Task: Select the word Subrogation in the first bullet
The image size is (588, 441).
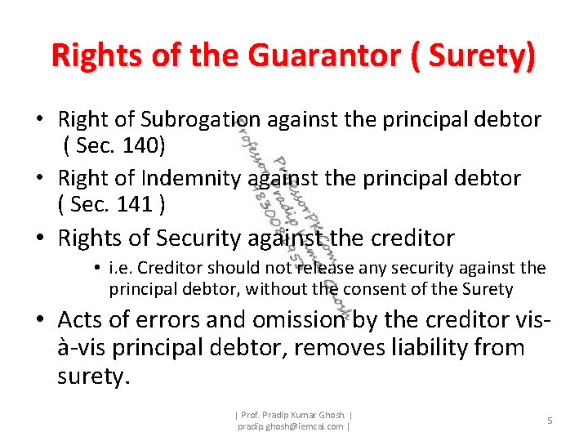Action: click(x=200, y=120)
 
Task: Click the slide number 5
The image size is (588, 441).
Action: click(x=550, y=420)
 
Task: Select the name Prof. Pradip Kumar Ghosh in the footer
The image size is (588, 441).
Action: click(x=293, y=414)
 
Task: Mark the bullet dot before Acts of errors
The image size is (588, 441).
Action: click(x=39, y=321)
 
